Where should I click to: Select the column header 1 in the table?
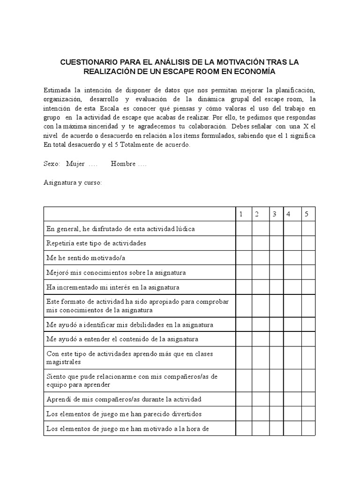tap(240, 214)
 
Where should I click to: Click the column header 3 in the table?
tap(275, 214)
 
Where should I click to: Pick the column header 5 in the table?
tap(307, 214)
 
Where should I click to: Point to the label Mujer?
tap(75, 164)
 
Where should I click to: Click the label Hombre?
tap(123, 164)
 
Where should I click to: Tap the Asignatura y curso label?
tap(73, 182)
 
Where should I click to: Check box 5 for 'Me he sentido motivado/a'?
tap(308, 258)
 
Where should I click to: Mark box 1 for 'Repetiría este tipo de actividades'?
tap(243, 243)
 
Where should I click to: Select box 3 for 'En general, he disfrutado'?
tap(277, 228)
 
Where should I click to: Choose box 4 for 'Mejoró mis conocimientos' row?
tap(292, 272)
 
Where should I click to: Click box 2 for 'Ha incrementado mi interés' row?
tap(261, 287)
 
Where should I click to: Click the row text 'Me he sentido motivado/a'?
tap(86, 258)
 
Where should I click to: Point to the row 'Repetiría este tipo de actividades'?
tap(96, 243)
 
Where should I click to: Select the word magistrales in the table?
tap(63, 362)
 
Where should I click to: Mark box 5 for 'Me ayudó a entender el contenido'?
tap(308, 339)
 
